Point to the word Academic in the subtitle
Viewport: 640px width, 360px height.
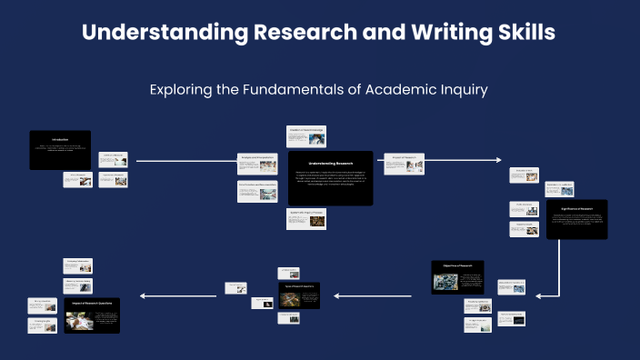tap(400, 89)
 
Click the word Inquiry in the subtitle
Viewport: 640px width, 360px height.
tap(464, 89)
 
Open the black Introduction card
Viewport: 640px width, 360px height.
tap(60, 149)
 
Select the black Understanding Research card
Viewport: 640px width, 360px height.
tap(325, 177)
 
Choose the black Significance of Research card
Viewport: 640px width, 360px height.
tap(576, 219)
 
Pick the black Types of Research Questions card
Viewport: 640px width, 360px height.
tap(298, 295)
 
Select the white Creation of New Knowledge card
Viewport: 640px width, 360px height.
tap(305, 135)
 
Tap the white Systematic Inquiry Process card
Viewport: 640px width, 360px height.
tap(305, 218)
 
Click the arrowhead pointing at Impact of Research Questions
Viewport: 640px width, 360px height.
tap(144, 295)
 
